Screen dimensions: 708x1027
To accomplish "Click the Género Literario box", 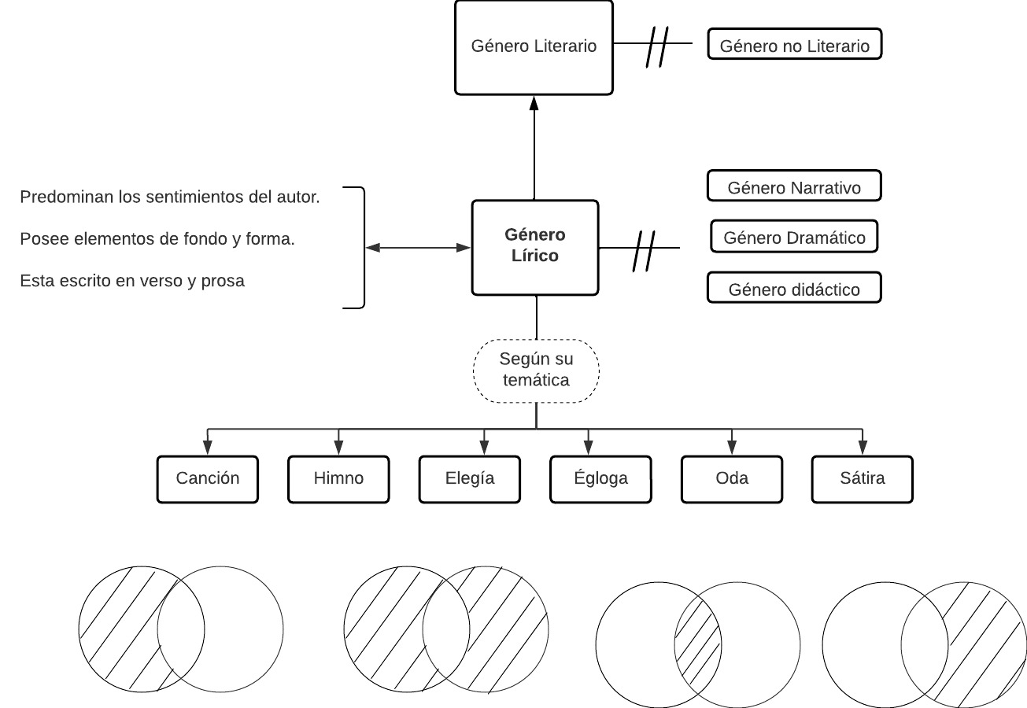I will [x=534, y=47].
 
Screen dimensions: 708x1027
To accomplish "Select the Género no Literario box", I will [x=795, y=45].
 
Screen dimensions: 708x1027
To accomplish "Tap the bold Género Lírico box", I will [x=535, y=247].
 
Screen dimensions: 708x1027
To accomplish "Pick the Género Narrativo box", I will [x=794, y=186].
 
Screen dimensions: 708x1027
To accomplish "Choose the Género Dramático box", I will [x=794, y=237].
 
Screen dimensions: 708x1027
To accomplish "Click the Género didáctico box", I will [x=794, y=289].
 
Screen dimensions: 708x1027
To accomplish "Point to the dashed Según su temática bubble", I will [x=536, y=371].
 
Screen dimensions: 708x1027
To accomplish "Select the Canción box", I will [x=208, y=478].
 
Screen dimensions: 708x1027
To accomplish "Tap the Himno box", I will [x=339, y=478].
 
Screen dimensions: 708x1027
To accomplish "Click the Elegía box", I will [x=470, y=478].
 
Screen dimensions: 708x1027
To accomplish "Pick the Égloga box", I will [x=600, y=478].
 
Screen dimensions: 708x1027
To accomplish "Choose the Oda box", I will [x=732, y=478].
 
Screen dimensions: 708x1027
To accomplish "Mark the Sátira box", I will [x=863, y=478].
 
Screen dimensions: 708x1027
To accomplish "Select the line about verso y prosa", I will [x=132, y=281].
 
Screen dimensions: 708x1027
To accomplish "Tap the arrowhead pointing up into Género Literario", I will [x=534, y=102].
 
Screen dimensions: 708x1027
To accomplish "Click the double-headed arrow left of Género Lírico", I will [x=418, y=248].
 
